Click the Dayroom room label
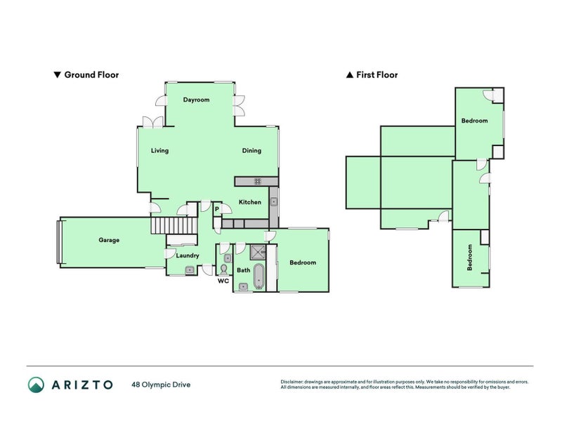pos(197,100)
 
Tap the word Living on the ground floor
pos(160,150)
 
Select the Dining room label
pos(251,150)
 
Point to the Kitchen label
pos(250,202)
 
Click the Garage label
pos(109,240)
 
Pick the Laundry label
pos(188,255)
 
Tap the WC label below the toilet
pos(223,281)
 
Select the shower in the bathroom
pos(258,253)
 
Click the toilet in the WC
pos(224,269)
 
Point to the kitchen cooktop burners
pos(258,181)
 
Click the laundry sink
pos(189,269)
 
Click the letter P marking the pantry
pos(217,209)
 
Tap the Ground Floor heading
pos(86,74)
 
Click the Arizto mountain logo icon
pos(36,385)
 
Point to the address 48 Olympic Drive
pos(161,385)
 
